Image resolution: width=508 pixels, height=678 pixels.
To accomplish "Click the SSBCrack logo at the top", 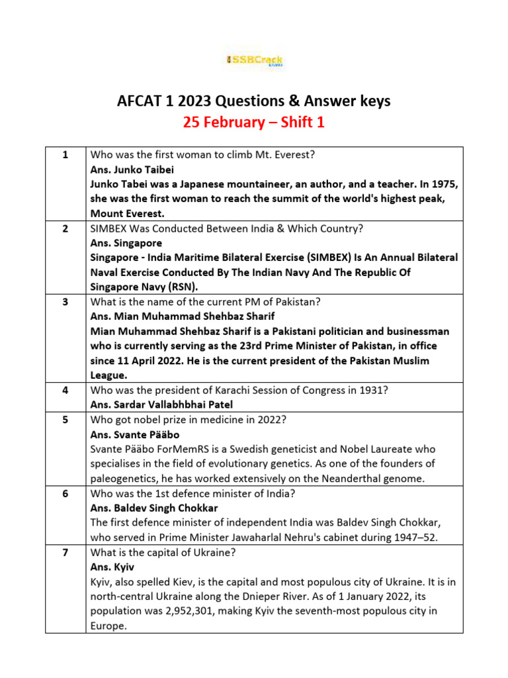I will tap(255, 61).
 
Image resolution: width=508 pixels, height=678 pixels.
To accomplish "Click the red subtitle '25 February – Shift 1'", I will tap(254, 122).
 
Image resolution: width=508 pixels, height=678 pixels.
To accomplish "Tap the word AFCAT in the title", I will tap(138, 101).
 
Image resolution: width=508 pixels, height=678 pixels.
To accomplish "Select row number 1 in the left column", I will tap(65, 156).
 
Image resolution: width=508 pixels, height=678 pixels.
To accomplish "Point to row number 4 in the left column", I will tap(65, 390).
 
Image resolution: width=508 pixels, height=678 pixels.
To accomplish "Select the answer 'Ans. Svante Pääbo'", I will tap(130, 434).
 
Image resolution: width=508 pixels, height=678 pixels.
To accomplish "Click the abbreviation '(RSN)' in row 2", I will tap(180, 287).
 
